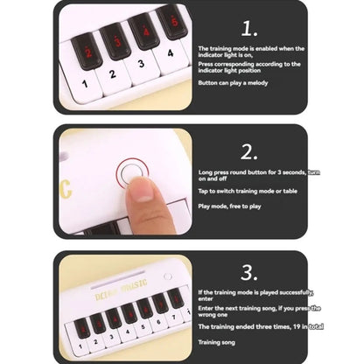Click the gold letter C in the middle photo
click(x=66, y=189)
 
